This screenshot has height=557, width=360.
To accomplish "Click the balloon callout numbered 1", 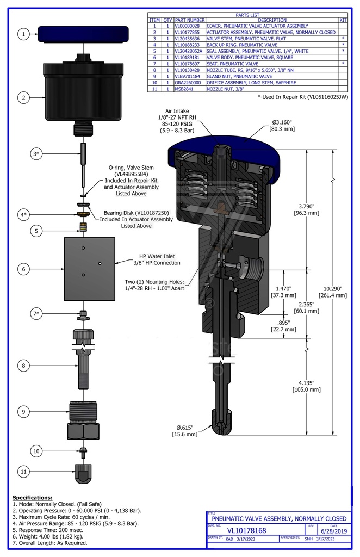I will click(x=23, y=34).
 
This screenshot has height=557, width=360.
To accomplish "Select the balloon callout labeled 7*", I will click(x=37, y=314).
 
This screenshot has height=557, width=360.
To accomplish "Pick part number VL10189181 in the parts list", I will click(x=190, y=56).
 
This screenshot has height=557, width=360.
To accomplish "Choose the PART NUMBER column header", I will click(x=190, y=20).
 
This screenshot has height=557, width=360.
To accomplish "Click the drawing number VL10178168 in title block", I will click(x=246, y=530).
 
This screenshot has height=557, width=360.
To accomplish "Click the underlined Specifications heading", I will click(x=32, y=497).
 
